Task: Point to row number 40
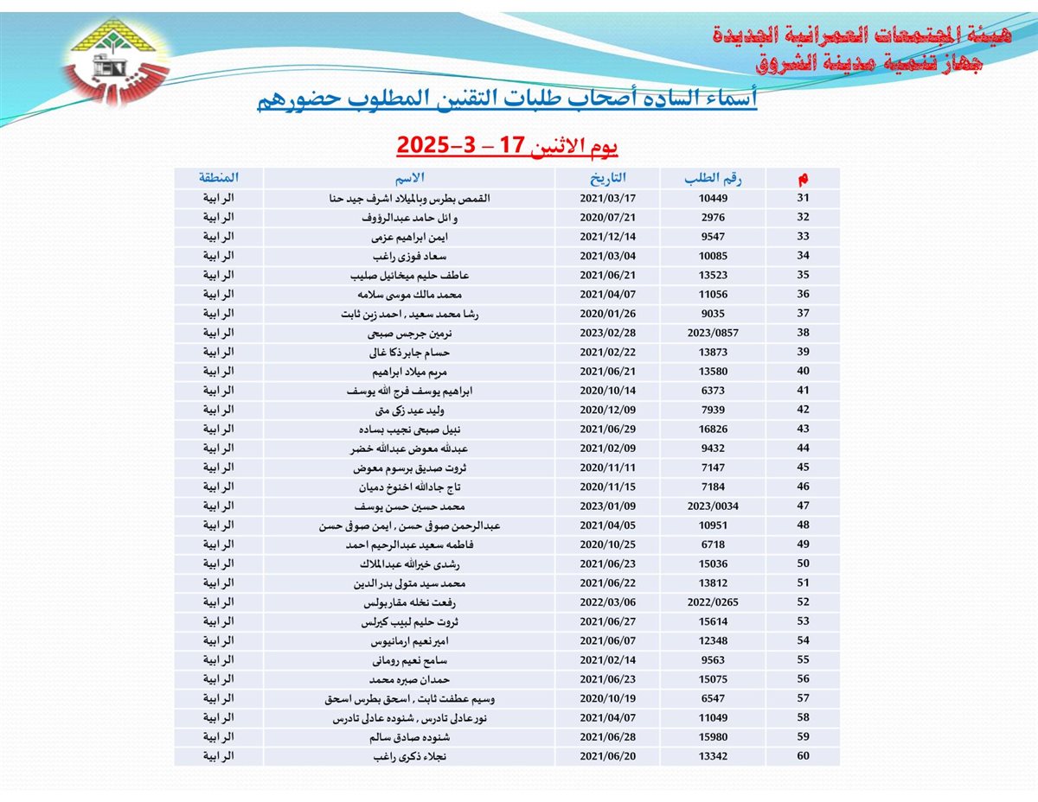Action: pos(803,372)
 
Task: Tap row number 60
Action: pos(803,756)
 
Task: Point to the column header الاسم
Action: pos(409,179)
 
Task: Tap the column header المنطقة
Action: pos(218,179)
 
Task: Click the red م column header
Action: pos(803,179)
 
